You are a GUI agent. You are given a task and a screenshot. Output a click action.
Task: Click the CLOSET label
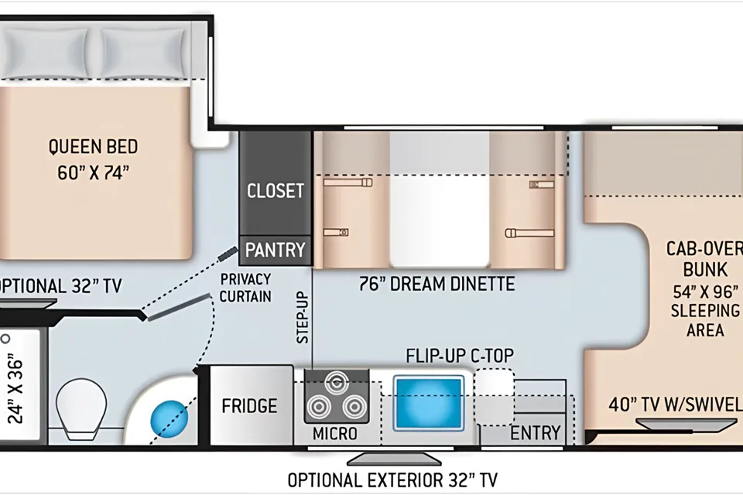tap(276, 191)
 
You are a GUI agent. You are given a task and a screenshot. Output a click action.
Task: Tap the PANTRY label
tap(276, 250)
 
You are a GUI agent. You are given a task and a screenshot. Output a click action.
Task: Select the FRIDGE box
tap(251, 405)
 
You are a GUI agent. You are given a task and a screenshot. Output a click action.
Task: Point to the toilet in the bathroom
tap(81, 409)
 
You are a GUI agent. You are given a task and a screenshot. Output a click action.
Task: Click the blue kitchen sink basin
tap(429, 403)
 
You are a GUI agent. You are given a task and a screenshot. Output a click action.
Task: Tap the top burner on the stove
tap(337, 381)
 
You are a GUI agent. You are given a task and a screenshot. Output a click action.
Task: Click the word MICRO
tap(335, 433)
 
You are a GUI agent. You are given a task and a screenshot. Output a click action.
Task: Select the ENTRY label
tap(536, 433)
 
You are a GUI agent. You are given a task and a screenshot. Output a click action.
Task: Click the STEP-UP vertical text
tap(303, 317)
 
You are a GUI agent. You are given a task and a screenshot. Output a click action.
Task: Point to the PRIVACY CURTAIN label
tap(245, 288)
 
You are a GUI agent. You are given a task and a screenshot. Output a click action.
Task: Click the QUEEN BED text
tap(94, 147)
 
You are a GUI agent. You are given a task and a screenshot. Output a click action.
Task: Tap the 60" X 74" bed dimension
tap(94, 172)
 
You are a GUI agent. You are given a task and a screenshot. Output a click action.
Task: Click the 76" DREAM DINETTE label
tap(437, 284)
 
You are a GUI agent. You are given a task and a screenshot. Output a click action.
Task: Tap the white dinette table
tap(440, 220)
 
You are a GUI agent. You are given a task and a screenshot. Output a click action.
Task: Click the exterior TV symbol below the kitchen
tap(394, 459)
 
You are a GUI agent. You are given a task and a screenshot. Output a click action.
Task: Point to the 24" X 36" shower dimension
tap(16, 388)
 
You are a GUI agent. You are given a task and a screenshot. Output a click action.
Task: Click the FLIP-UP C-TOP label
tap(460, 355)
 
